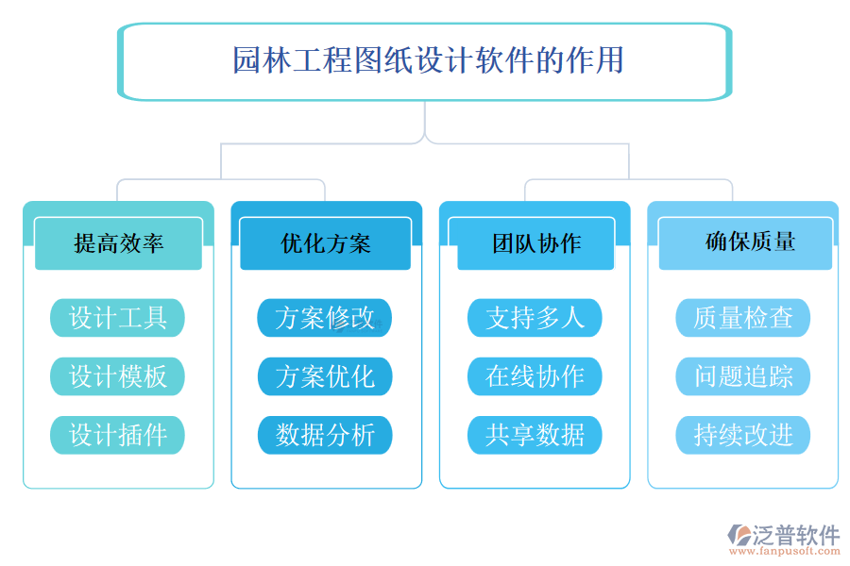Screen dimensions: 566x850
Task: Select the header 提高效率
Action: pos(118,243)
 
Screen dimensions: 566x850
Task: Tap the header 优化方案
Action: pos(326,243)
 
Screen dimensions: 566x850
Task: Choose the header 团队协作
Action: pos(535,243)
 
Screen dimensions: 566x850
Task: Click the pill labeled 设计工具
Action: pos(117,318)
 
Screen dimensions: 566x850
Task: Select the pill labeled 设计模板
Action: pos(117,376)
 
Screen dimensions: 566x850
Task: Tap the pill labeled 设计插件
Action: pos(117,435)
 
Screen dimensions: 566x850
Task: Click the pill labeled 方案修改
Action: pos(325,318)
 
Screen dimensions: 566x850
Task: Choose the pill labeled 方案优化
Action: pos(325,376)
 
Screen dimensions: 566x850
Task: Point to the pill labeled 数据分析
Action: pos(325,435)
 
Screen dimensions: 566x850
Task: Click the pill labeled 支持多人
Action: pos(535,318)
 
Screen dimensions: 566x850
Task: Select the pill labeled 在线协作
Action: pos(535,376)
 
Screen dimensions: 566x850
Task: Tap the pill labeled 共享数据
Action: pos(535,435)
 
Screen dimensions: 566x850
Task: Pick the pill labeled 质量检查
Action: pos(743,318)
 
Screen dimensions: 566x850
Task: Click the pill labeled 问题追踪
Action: pos(743,376)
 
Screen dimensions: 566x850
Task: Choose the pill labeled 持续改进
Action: pos(743,435)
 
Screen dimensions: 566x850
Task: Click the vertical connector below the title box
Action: pos(425,120)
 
